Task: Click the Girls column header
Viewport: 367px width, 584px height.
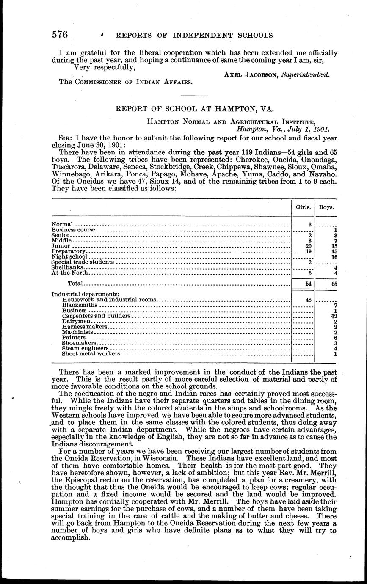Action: coord(303,208)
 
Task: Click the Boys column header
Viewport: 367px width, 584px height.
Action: coord(326,208)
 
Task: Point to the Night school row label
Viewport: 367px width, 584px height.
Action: coord(69,256)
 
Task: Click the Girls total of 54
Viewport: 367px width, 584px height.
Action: coord(309,284)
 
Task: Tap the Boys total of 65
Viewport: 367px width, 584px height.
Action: coord(334,284)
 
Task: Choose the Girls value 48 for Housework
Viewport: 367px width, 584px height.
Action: coord(309,300)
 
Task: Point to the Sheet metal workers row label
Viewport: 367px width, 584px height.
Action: coord(91,354)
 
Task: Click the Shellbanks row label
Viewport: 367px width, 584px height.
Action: coord(68,267)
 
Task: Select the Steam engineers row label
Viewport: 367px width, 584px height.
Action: coord(83,348)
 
